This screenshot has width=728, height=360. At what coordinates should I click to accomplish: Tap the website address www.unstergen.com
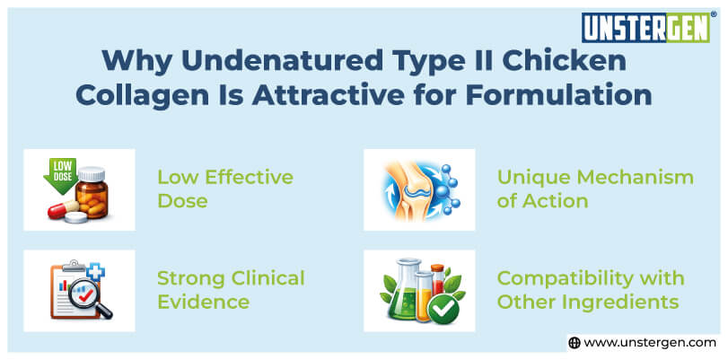651,343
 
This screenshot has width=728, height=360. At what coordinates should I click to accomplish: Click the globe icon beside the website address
575,343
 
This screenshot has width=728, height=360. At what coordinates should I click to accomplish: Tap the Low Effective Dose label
224,189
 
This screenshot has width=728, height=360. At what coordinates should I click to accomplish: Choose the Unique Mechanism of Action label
594,189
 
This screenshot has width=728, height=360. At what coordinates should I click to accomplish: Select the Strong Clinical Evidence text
231,290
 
